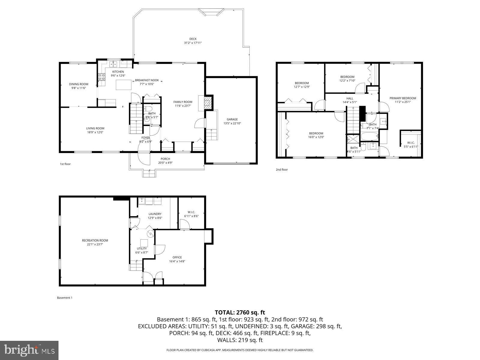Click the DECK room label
point(193,39)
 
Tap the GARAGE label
point(232,119)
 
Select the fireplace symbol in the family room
point(208,103)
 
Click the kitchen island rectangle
point(124,85)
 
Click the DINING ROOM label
point(79,84)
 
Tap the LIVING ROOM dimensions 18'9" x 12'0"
point(95,132)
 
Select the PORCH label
point(165,159)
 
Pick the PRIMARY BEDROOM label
point(403,98)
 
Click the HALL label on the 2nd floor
point(350,98)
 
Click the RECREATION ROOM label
point(95,240)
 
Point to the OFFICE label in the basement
point(177,257)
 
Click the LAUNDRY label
point(155,214)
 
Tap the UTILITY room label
point(142,248)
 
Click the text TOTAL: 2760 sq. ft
point(240,313)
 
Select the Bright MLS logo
point(29,350)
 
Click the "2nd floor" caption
point(282,170)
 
